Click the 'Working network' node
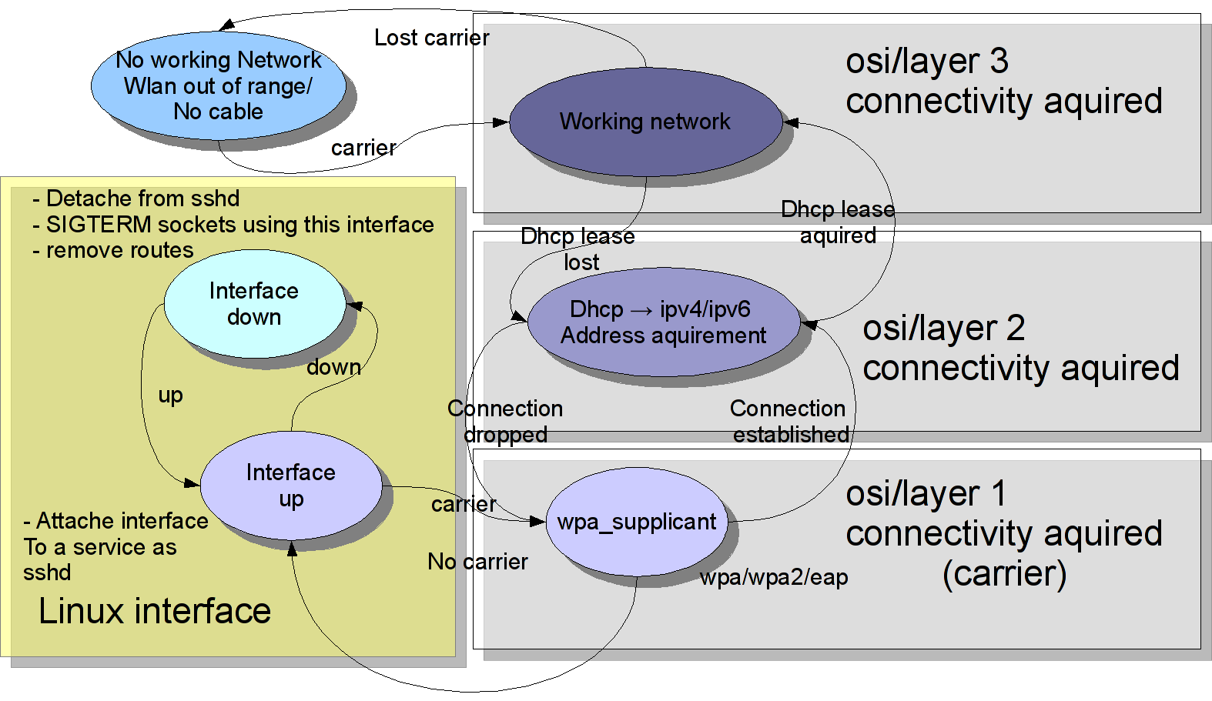(645, 122)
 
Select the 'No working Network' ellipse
(219, 85)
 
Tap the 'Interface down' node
(254, 304)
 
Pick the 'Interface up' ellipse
(291, 485)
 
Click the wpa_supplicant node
(637, 522)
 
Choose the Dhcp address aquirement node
(664, 322)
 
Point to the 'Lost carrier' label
(431, 38)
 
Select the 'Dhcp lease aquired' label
(838, 222)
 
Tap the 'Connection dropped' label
(505, 422)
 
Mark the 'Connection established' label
(788, 422)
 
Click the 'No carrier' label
(477, 562)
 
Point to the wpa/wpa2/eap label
(774, 577)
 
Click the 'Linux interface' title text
(155, 611)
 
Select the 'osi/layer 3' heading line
(927, 62)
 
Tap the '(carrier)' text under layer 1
(1005, 573)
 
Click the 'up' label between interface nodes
(170, 396)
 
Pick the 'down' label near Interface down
(333, 368)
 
